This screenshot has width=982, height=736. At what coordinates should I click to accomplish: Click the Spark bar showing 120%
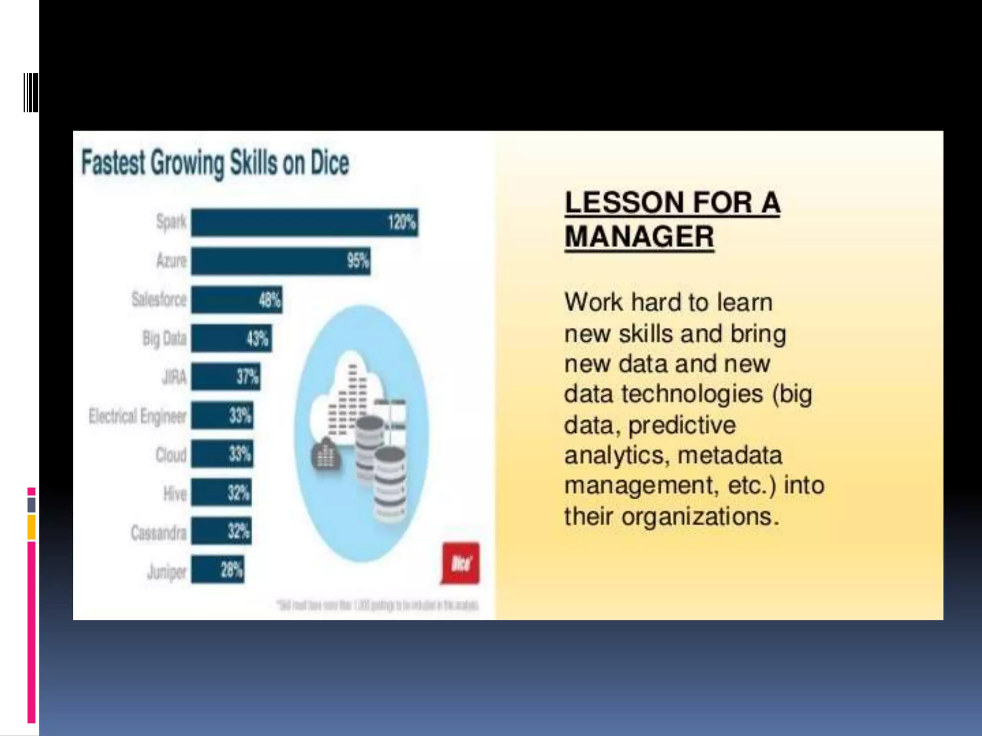pyautogui.click(x=304, y=222)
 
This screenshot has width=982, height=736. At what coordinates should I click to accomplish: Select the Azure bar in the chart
pyautogui.click(x=281, y=261)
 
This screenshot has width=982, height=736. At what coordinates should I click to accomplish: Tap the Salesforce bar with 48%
pyautogui.click(x=236, y=300)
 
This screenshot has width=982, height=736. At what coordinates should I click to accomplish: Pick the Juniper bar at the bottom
pyautogui.click(x=217, y=570)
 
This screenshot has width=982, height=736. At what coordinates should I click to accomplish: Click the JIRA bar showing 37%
pyautogui.click(x=225, y=377)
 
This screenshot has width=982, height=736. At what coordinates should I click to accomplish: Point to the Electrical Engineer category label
pyautogui.click(x=138, y=416)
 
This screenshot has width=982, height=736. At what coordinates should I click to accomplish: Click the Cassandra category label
pyautogui.click(x=159, y=532)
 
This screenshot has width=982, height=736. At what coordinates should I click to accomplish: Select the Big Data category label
pyautogui.click(x=164, y=338)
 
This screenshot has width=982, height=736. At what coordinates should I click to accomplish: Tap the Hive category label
pyautogui.click(x=175, y=494)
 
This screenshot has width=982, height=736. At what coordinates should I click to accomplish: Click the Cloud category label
pyautogui.click(x=171, y=455)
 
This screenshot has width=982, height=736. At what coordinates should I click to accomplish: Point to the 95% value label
pyautogui.click(x=358, y=261)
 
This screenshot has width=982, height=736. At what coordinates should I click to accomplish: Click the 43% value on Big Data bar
pyautogui.click(x=257, y=339)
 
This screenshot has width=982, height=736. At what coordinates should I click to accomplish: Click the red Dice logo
pyautogui.click(x=460, y=563)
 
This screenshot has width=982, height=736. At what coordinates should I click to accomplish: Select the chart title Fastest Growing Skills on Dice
pyautogui.click(x=215, y=163)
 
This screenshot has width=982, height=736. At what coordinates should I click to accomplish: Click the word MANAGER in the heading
pyautogui.click(x=639, y=237)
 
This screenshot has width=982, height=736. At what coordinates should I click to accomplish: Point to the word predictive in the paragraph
pyautogui.click(x=682, y=425)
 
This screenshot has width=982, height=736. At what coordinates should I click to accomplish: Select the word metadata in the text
pyautogui.click(x=730, y=455)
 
